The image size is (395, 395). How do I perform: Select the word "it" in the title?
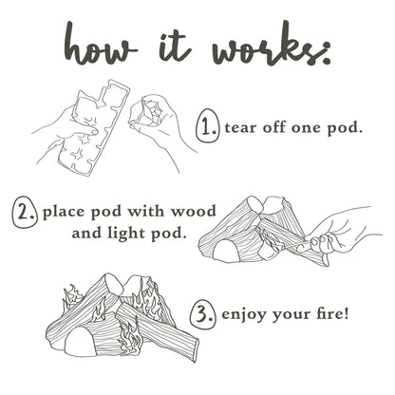tap(175, 44)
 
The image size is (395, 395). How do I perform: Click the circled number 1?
tap(207, 125)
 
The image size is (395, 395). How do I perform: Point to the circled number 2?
tap(25, 212)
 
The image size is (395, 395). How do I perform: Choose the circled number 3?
tap(203, 314)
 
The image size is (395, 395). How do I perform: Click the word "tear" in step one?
tap(239, 128)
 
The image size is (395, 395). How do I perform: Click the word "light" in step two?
tap(127, 234)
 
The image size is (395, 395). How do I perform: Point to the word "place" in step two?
tap(66, 213)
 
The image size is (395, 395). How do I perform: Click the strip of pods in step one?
tap(93, 126)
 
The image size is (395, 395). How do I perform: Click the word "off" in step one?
tap(273, 127)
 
